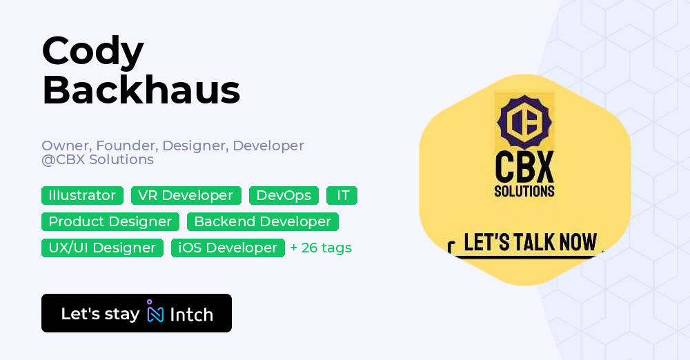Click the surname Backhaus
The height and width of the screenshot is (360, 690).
(141, 90)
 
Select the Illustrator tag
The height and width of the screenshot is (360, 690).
(82, 195)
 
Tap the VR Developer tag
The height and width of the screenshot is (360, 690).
(186, 195)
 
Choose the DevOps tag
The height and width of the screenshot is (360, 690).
(284, 195)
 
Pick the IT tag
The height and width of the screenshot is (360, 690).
(342, 195)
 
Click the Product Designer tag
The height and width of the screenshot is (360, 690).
(110, 221)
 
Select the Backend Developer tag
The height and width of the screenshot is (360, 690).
(262, 221)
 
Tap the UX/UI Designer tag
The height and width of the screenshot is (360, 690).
(102, 248)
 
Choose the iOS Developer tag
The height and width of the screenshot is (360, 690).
(228, 248)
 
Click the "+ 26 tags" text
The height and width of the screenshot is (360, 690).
(321, 248)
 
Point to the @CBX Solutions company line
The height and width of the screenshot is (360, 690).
(97, 159)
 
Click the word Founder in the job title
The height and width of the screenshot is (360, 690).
(118, 146)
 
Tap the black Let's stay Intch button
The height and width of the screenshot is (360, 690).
(136, 313)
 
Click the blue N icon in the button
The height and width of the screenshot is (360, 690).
(156, 314)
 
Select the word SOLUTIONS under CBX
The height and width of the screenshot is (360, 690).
(524, 191)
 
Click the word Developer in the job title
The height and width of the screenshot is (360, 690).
(268, 146)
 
